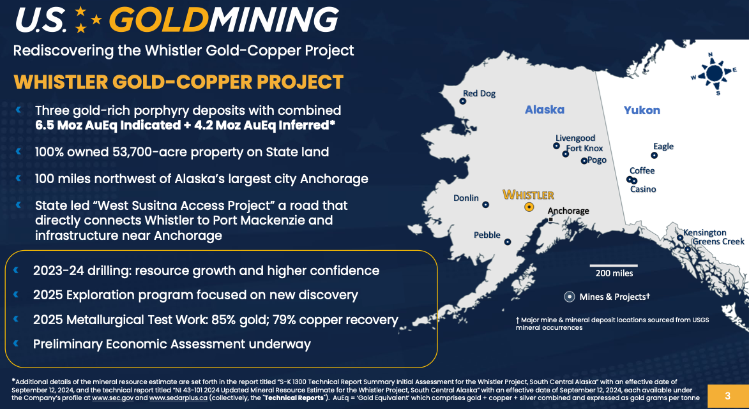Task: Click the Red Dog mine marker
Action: (x=462, y=101)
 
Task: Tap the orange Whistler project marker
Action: (x=529, y=207)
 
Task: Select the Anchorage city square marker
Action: (x=551, y=219)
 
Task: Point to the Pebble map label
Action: (x=487, y=235)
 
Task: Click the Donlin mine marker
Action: (x=486, y=205)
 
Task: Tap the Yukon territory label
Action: (x=642, y=110)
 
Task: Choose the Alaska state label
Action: (x=545, y=110)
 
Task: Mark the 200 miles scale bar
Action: (x=614, y=265)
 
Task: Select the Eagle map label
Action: (x=663, y=146)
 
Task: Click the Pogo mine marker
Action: (x=584, y=161)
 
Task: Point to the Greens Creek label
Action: (x=718, y=241)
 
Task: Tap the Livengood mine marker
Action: (x=557, y=145)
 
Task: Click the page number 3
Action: (x=727, y=396)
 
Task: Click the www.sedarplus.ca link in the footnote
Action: (x=178, y=398)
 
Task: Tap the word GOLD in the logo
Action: (x=160, y=20)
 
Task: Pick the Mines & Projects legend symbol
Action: (x=570, y=297)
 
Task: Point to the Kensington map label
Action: (x=704, y=232)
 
